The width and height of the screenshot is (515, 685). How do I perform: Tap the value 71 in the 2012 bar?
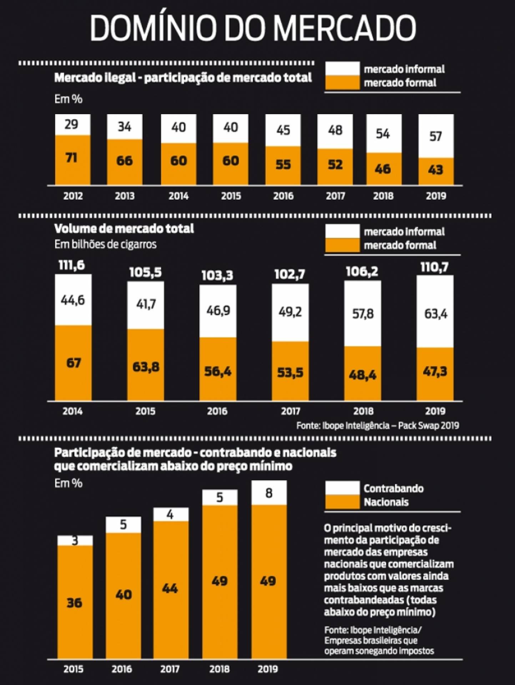(72, 157)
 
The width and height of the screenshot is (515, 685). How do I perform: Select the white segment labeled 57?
(436, 136)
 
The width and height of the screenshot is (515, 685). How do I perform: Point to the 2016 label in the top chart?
(283, 196)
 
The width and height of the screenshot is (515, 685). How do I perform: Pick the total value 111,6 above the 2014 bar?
(72, 265)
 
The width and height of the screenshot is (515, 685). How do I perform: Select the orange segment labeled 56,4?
(218, 371)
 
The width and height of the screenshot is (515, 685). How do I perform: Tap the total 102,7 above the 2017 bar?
(290, 274)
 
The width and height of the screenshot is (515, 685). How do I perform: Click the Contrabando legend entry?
(393, 488)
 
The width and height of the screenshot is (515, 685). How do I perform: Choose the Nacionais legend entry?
(386, 502)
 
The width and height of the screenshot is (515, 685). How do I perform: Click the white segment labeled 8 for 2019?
(269, 493)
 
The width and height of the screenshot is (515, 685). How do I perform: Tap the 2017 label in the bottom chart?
(170, 669)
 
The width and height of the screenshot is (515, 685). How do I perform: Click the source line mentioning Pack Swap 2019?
(378, 426)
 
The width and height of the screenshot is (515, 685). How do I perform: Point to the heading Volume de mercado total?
(124, 228)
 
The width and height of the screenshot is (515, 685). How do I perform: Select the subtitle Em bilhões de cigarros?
(105, 244)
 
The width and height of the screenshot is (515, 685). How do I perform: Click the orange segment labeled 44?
(170, 588)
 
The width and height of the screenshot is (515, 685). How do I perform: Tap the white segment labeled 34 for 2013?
(125, 127)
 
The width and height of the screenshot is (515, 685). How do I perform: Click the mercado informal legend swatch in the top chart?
(342, 68)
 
